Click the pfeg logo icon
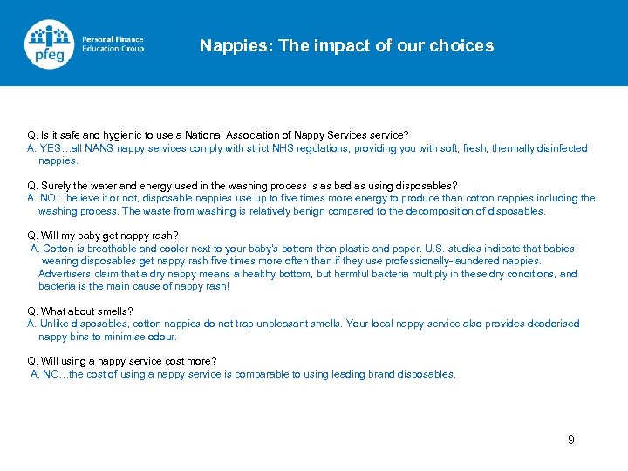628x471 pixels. [x=48, y=44]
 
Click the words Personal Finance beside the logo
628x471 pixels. [x=113, y=39]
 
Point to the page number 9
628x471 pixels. [x=571, y=440]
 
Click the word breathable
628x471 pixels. [x=107, y=249]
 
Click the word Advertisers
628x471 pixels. [x=65, y=274]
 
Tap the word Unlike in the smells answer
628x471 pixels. [x=55, y=324]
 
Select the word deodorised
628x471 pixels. [x=550, y=324]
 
